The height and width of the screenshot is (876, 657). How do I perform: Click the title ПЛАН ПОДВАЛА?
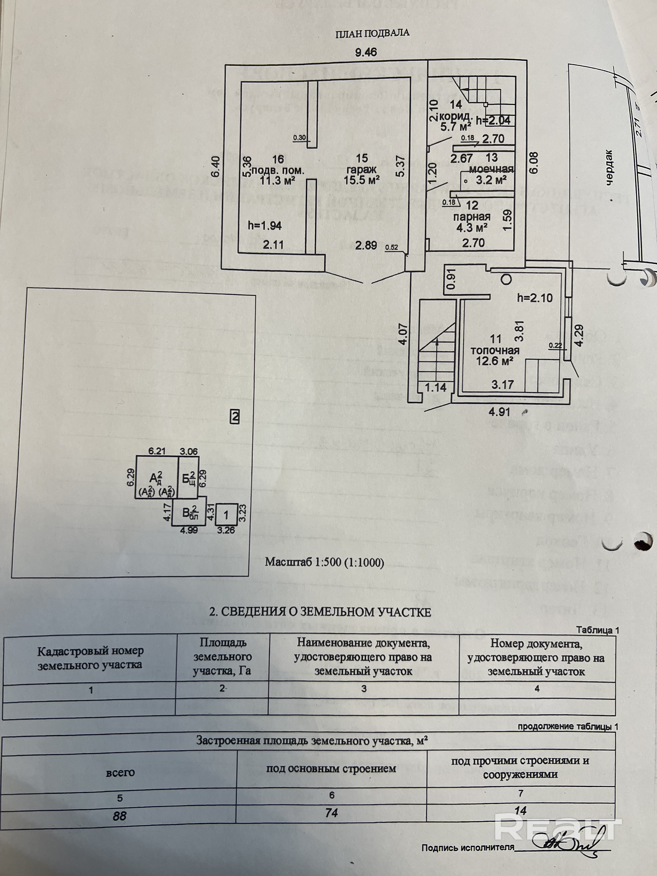click(x=372, y=33)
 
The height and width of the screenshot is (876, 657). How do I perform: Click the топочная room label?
click(x=495, y=350)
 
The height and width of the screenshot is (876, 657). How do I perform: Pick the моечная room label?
click(x=491, y=169)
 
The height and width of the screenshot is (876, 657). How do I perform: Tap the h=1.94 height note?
click(x=265, y=226)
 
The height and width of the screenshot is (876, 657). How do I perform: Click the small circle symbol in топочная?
click(x=506, y=279)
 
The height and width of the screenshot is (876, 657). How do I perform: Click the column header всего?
click(x=120, y=772)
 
